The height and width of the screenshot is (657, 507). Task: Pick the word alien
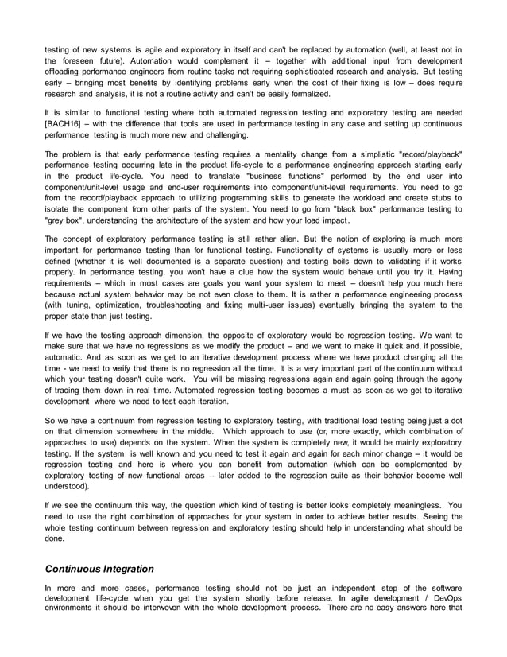tap(287, 239)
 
